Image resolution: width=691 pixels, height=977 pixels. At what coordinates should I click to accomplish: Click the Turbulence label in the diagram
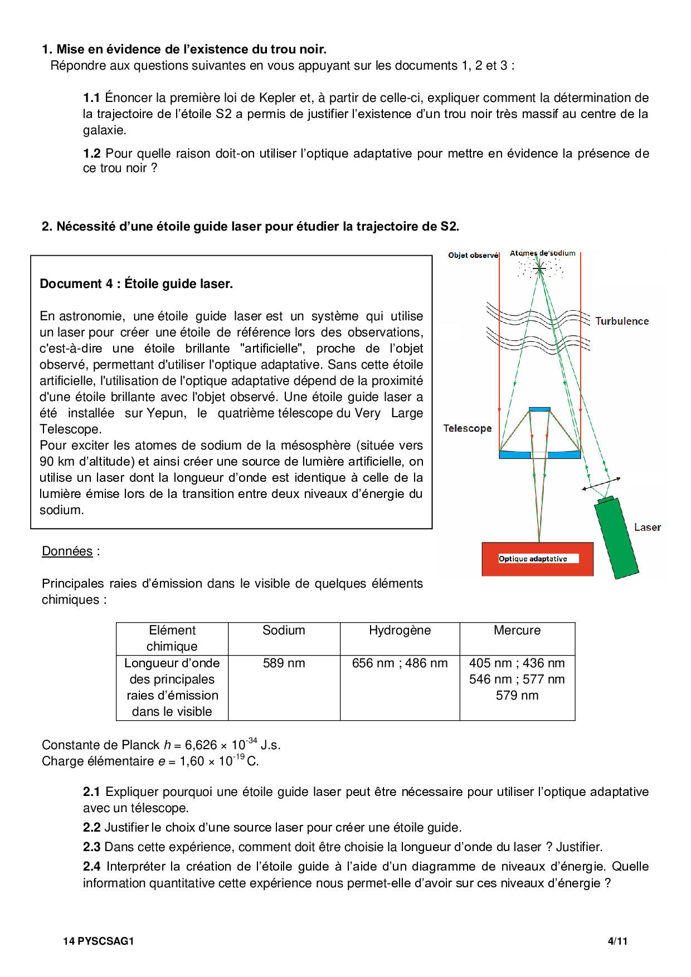point(622,321)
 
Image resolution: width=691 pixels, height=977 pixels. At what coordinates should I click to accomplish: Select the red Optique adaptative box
point(538,559)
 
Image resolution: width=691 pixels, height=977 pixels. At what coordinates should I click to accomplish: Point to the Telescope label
point(468,428)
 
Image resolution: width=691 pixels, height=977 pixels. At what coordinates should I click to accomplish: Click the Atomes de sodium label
point(543,253)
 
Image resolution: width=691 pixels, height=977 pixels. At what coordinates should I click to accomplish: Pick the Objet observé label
point(473,255)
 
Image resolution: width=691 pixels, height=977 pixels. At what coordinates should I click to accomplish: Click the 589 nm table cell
point(284,663)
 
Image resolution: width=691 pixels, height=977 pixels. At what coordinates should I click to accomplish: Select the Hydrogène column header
point(400,631)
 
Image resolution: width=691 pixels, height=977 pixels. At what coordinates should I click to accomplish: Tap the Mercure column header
point(517,631)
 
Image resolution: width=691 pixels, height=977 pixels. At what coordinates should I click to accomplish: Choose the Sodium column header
point(284,631)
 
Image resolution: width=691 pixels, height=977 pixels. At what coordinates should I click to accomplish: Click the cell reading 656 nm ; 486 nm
point(400,663)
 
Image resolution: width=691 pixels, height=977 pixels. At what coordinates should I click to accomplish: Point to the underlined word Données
point(67,551)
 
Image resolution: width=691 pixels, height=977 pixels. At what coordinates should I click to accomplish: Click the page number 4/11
point(617,941)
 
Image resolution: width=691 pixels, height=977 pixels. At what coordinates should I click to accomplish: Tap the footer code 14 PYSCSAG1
point(99,941)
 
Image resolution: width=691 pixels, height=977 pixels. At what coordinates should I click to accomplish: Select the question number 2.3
point(91,847)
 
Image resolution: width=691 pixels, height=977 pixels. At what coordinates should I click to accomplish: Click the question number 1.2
point(91,154)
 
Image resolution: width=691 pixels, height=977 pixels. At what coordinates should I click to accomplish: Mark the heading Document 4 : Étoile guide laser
point(137,284)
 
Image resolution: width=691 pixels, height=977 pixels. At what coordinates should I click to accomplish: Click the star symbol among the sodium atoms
point(539,269)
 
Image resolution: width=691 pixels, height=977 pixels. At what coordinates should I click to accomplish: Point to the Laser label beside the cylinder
point(648,527)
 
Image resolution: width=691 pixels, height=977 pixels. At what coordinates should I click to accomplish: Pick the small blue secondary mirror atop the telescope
point(539,409)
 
